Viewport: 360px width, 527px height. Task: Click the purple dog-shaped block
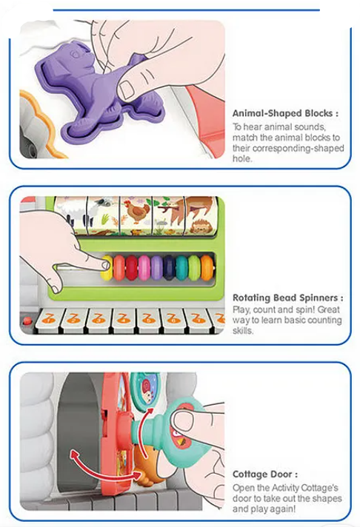(98, 84)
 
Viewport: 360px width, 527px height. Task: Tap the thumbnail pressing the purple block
(127, 89)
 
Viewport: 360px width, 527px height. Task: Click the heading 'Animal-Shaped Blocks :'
(285, 113)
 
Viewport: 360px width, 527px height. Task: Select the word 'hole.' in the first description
(242, 158)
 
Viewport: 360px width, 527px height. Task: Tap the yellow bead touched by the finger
(107, 268)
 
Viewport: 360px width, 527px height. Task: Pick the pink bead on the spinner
(144, 268)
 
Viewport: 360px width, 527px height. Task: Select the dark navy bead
(169, 268)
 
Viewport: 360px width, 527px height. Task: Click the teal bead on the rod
(181, 268)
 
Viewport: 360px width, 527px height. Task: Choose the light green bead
(194, 268)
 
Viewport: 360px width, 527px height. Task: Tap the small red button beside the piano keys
(26, 320)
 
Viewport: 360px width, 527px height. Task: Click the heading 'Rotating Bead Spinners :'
(288, 298)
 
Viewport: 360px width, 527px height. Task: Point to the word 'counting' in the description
(321, 320)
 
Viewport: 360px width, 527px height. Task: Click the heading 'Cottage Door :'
(265, 474)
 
